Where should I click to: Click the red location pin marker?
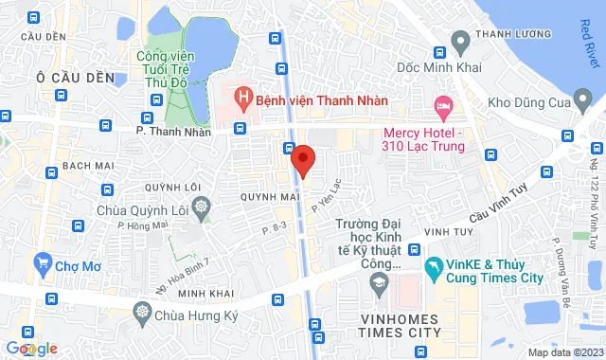pyautogui.click(x=303, y=159)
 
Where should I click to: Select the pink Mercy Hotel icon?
pyautogui.click(x=441, y=103)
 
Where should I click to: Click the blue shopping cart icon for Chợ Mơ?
pyautogui.click(x=42, y=261)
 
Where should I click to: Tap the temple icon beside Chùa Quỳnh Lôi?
pyautogui.click(x=201, y=206)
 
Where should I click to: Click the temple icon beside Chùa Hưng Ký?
pyautogui.click(x=142, y=311)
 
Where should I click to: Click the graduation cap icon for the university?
pyautogui.click(x=379, y=282)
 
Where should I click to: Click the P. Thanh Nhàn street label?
pyautogui.click(x=171, y=132)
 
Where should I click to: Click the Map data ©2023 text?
pyautogui.click(x=563, y=353)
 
